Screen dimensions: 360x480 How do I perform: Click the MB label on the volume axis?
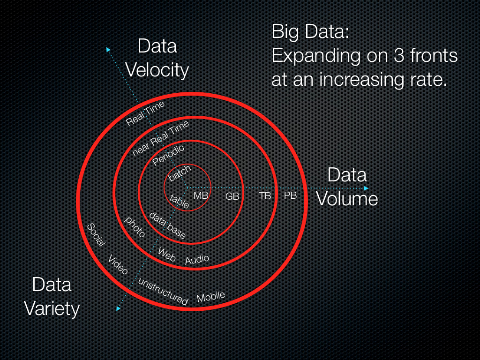point(201,195)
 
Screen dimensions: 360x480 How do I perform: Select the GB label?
point(232,196)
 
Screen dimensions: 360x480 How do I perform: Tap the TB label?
point(265,196)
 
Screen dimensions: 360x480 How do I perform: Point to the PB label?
point(291,195)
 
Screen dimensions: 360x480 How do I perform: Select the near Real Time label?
point(161,138)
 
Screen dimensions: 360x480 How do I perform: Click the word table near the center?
point(180,201)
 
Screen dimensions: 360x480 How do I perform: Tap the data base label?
point(167,225)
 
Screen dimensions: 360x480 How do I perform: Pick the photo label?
point(135,226)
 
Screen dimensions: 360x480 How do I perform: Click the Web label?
point(166,254)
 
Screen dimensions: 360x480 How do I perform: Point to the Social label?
point(96,235)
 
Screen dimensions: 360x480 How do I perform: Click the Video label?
point(118,265)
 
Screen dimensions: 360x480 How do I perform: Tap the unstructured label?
point(163,291)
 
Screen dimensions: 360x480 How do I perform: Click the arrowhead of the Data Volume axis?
point(367,188)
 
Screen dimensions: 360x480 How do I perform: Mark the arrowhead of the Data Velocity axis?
point(108,49)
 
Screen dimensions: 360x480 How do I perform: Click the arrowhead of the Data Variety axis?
point(118,308)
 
